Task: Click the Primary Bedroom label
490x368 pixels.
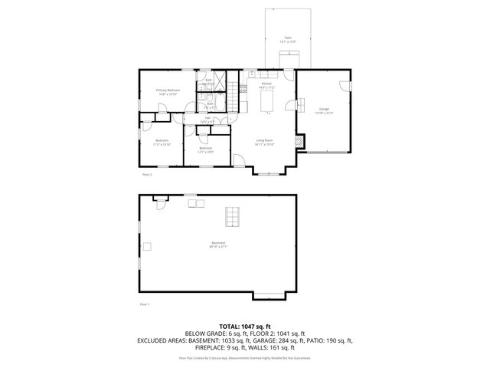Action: click(x=168, y=91)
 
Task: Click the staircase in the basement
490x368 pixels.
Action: click(x=230, y=217)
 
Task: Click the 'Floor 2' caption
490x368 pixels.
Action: click(x=147, y=175)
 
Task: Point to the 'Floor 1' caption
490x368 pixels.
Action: click(x=144, y=304)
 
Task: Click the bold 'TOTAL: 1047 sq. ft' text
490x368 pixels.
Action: click(x=244, y=326)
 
